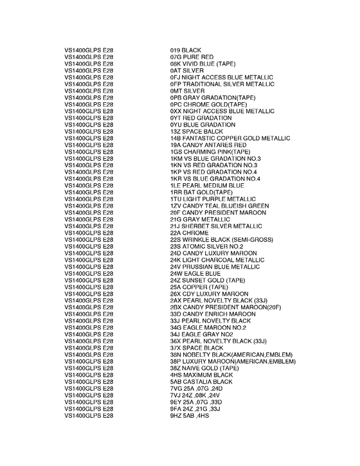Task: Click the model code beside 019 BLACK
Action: tap(89, 50)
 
